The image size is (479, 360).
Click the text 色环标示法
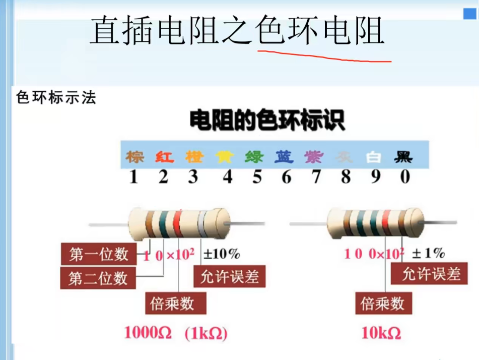(56, 98)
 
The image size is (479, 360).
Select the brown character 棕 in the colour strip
(134, 157)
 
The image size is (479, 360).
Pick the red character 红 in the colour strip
(164, 157)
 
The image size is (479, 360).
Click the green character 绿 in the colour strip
(254, 157)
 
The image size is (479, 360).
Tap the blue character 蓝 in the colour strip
(284, 157)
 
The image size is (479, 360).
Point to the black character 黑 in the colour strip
(403, 157)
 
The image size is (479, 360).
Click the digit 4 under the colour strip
(228, 177)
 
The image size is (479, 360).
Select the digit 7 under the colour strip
(316, 177)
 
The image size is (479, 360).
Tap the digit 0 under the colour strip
(405, 177)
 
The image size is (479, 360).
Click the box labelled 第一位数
(99, 254)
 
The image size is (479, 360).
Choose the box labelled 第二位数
(98, 278)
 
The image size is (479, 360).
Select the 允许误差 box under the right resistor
(431, 274)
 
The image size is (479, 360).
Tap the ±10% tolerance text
(222, 254)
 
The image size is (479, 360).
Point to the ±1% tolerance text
(429, 253)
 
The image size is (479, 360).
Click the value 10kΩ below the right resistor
(381, 333)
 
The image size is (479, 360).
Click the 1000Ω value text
(148, 333)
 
